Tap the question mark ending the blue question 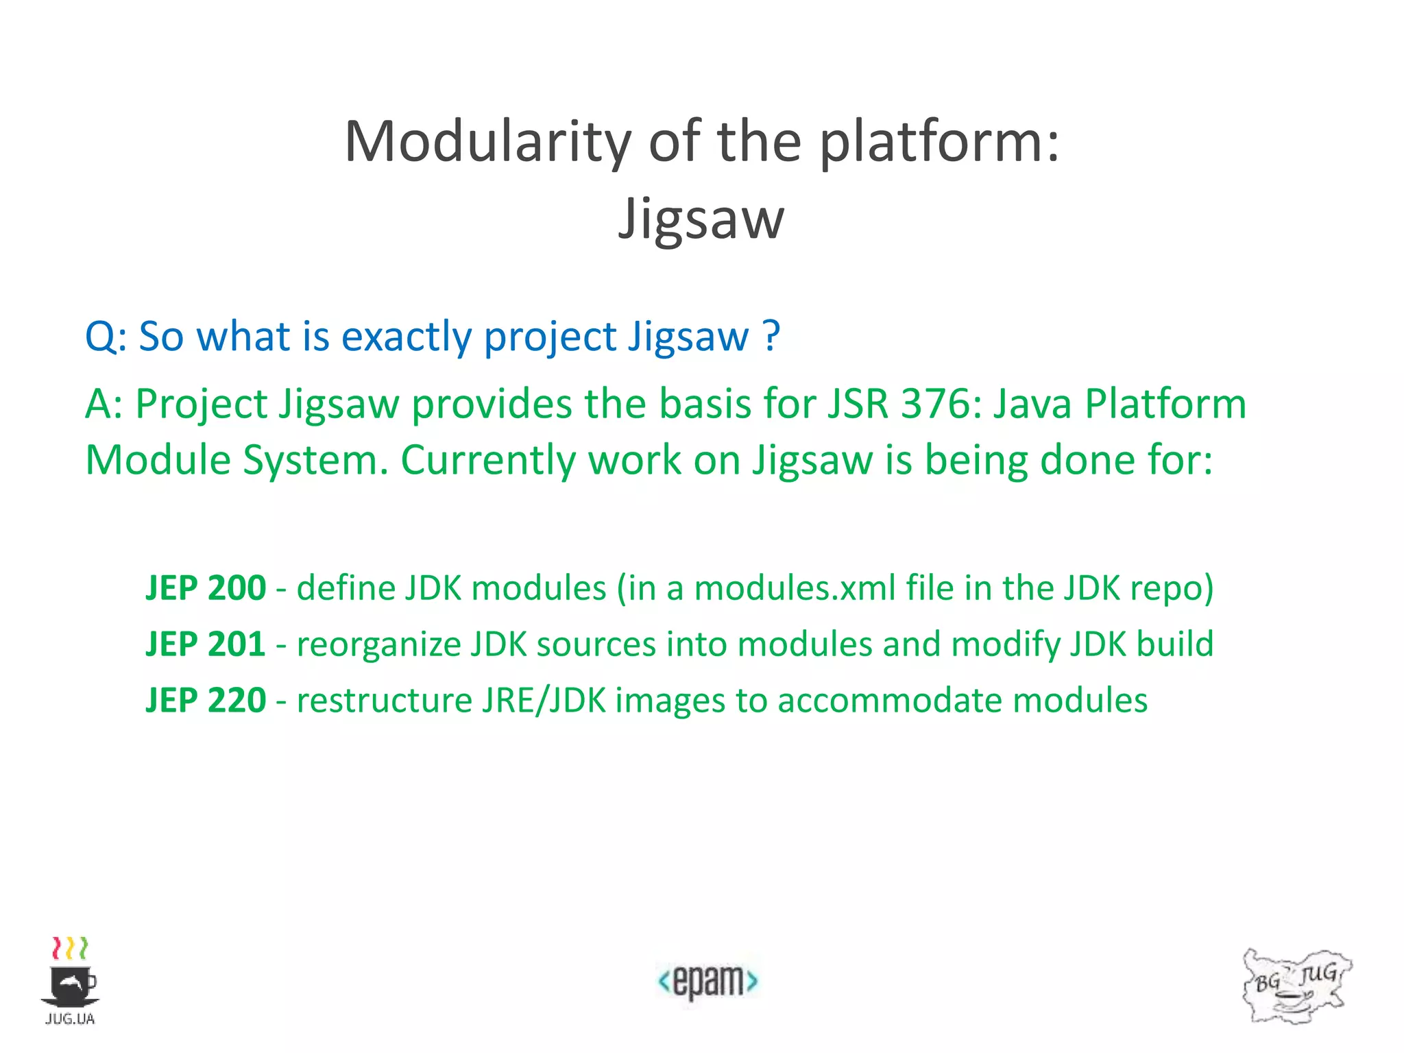pyautogui.click(x=771, y=336)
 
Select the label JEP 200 pyautogui.click(x=206, y=588)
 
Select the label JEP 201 pyautogui.click(x=206, y=644)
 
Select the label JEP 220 pyautogui.click(x=206, y=701)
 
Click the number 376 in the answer pyautogui.click(x=941, y=404)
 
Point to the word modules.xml pyautogui.click(x=795, y=588)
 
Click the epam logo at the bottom pyautogui.click(x=707, y=981)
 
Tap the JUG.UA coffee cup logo pyautogui.click(x=70, y=981)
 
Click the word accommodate pyautogui.click(x=889, y=701)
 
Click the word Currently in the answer pyautogui.click(x=488, y=460)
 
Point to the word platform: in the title pyautogui.click(x=939, y=143)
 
